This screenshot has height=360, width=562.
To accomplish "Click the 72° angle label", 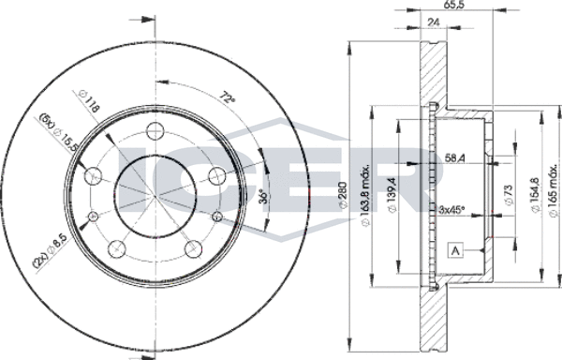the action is point(228,98).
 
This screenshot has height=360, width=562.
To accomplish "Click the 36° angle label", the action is point(263,196).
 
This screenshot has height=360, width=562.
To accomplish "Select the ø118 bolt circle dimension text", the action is point(89,101).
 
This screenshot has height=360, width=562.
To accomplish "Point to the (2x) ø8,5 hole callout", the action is point(51,250).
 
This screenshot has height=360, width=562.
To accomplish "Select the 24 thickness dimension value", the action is point(434,22).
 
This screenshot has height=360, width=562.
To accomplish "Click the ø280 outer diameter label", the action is point(344,194).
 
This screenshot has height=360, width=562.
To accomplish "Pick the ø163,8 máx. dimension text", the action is point(365,196).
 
